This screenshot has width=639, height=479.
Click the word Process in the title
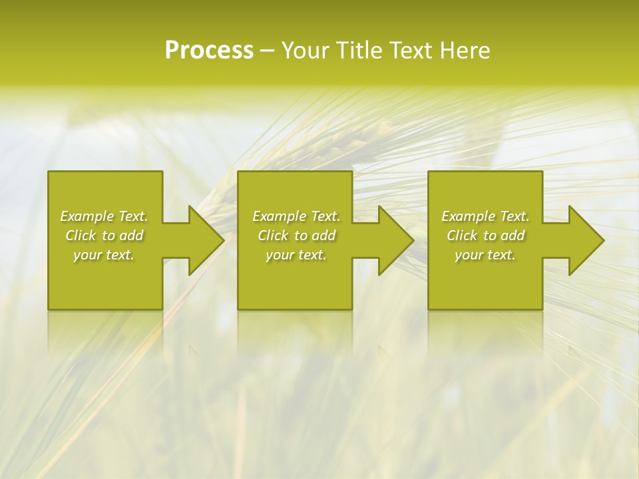pyautogui.click(x=209, y=51)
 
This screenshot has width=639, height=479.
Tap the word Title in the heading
pyautogui.click(x=358, y=51)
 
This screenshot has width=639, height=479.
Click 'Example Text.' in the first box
pyautogui.click(x=104, y=216)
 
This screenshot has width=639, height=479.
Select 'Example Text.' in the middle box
pyautogui.click(x=296, y=216)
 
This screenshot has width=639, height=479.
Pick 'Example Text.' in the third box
pyautogui.click(x=485, y=216)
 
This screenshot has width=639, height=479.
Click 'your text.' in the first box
pyautogui.click(x=104, y=255)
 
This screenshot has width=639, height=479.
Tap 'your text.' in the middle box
pyautogui.click(x=296, y=255)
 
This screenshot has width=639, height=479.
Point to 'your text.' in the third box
pyautogui.click(x=485, y=255)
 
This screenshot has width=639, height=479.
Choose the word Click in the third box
pyautogui.click(x=462, y=236)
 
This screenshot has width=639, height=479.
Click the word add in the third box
pyautogui.click(x=513, y=236)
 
